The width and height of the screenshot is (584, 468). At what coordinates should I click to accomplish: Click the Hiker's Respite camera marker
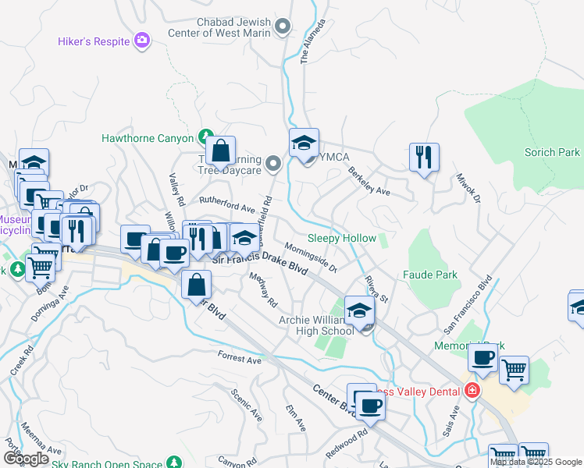tap(142, 40)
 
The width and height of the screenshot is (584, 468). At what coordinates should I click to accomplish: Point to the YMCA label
tap(334, 158)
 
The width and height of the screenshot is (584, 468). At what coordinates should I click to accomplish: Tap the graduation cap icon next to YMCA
tap(304, 144)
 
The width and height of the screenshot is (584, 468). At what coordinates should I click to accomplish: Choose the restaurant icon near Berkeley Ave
tap(424, 157)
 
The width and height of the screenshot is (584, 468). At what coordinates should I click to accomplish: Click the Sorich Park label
tap(552, 152)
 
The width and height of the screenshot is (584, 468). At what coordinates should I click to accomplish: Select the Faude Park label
tap(429, 275)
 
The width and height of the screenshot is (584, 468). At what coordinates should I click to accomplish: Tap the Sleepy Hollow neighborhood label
tap(342, 238)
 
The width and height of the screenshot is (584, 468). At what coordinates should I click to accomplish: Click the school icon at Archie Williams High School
tap(358, 312)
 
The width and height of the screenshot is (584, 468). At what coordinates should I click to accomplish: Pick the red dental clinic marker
tap(471, 390)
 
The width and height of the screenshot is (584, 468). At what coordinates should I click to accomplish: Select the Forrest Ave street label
tap(240, 360)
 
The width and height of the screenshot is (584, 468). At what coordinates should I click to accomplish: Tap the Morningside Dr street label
tap(310, 257)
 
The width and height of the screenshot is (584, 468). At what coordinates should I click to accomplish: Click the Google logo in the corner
tap(26, 459)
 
